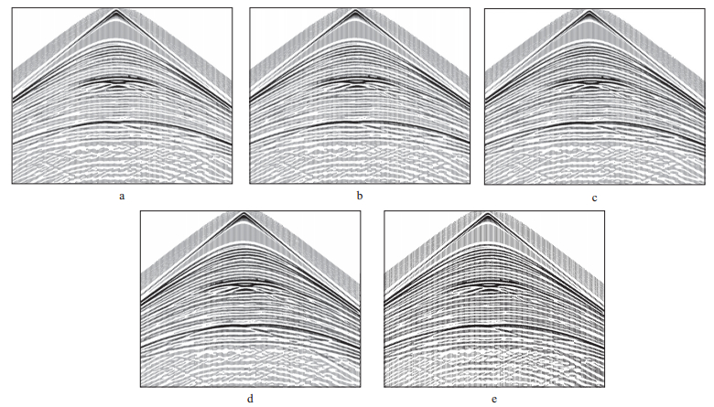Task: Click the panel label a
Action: tap(122, 197)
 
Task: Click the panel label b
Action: tap(359, 197)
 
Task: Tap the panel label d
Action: tap(251, 400)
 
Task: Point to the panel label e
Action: tap(494, 400)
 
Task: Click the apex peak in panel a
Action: tap(115, 12)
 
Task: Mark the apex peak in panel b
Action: tap(354, 12)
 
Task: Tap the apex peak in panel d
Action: tap(243, 215)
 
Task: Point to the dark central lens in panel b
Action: tap(354, 82)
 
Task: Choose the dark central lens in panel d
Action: tap(243, 284)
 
